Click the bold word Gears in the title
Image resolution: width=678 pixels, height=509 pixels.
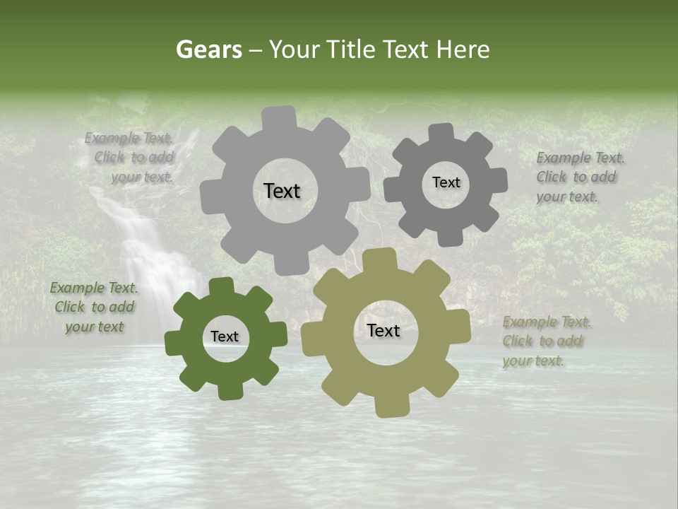tap(209, 49)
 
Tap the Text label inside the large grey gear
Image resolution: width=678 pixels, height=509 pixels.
tap(282, 191)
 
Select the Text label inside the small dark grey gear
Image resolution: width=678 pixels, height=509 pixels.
tap(446, 182)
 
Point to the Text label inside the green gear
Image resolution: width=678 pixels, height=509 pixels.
tap(225, 337)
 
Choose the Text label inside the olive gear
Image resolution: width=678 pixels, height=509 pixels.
tap(383, 330)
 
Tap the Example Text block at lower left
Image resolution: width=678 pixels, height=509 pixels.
tap(94, 307)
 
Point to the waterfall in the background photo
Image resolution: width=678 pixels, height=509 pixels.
tap(145, 255)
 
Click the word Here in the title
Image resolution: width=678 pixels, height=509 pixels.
tap(463, 49)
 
